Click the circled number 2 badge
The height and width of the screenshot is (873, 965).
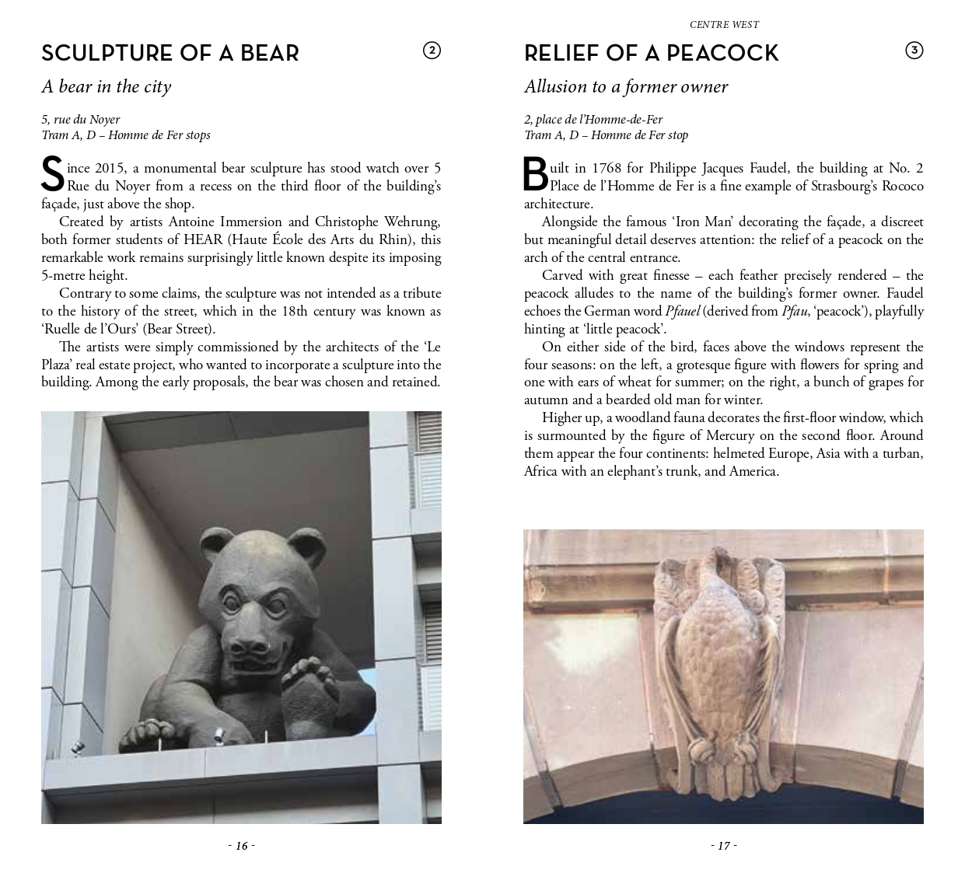[432, 51]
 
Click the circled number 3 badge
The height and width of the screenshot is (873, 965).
[914, 51]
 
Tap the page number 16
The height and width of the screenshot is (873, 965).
[241, 846]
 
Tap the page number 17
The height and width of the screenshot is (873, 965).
[724, 846]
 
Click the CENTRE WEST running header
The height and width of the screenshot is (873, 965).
[724, 25]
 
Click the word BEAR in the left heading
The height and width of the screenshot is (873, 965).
[269, 54]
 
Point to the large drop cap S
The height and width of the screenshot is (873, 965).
[53, 174]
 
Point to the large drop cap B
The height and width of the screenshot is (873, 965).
[536, 174]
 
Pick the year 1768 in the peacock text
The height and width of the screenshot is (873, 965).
[607, 168]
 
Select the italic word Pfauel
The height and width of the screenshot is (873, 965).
[682, 311]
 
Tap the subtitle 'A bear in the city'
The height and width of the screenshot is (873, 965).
[107, 86]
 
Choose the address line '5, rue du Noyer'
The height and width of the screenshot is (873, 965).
[81, 119]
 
